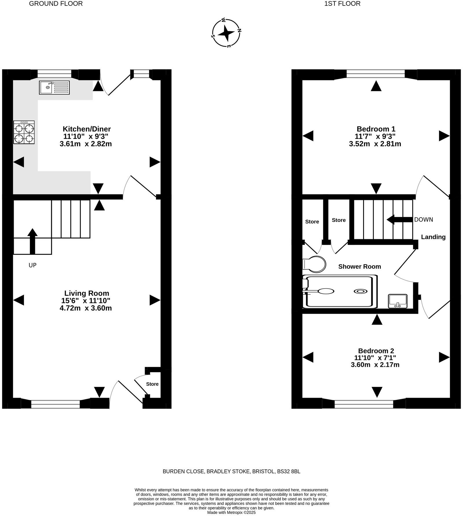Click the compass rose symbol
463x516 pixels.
point(226,33)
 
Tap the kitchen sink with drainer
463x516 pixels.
point(54,87)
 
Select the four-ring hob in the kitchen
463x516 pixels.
point(24,132)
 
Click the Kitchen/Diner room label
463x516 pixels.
point(87,129)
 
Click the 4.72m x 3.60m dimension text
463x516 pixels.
point(86,308)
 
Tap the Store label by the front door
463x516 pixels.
point(152,384)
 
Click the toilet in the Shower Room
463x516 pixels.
point(314,264)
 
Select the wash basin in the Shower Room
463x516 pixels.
point(398,301)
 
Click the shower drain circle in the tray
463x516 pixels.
point(360,291)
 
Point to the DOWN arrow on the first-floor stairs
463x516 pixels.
point(400,220)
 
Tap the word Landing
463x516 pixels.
point(433,237)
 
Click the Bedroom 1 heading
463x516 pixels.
point(376,129)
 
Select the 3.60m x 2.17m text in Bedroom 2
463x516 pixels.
point(375,365)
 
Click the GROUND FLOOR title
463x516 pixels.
point(56,4)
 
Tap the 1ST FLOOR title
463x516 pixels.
point(342,4)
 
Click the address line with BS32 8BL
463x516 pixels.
point(231,471)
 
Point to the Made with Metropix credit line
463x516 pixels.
point(231,513)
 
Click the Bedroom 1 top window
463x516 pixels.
point(376,74)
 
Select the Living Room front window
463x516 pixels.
point(56,404)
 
